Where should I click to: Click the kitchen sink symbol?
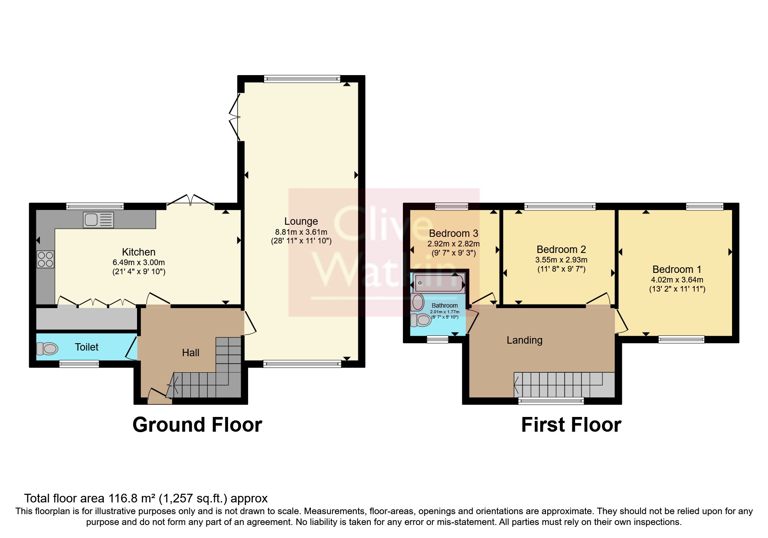pyautogui.click(x=98, y=220)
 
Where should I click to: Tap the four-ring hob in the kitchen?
pyautogui.click(x=46, y=259)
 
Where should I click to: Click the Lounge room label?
pyautogui.click(x=301, y=221)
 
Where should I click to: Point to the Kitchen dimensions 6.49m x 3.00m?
pyautogui.click(x=138, y=262)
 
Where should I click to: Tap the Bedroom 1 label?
pyautogui.click(x=676, y=269)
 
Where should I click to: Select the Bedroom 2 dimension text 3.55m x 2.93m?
pyautogui.click(x=561, y=260)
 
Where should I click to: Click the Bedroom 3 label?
pyautogui.click(x=453, y=233)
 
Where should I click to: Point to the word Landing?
pyautogui.click(x=524, y=340)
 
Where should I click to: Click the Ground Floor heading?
pyautogui.click(x=197, y=425)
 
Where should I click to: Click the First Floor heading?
pyautogui.click(x=571, y=425)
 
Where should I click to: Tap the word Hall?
pyautogui.click(x=190, y=353)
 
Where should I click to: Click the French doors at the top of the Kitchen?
pyautogui.click(x=190, y=201)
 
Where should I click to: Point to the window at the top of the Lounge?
pyautogui.click(x=302, y=79)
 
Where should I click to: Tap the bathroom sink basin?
pyautogui.click(x=418, y=302)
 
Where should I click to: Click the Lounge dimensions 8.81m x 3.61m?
pyautogui.click(x=301, y=232)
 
